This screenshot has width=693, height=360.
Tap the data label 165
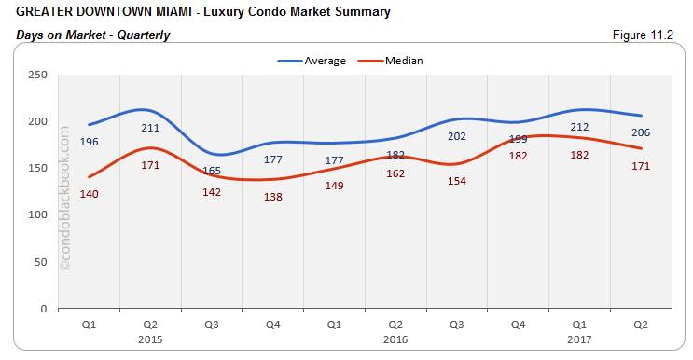pos(211,171)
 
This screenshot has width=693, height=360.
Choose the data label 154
pos(457,181)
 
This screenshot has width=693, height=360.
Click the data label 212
pos(578,127)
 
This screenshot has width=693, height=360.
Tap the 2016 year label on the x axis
pos(395,339)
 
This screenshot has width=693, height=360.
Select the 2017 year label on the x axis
pos(578,339)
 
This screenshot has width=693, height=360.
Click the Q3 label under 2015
pos(211,325)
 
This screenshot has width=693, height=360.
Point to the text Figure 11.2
pos(643,35)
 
